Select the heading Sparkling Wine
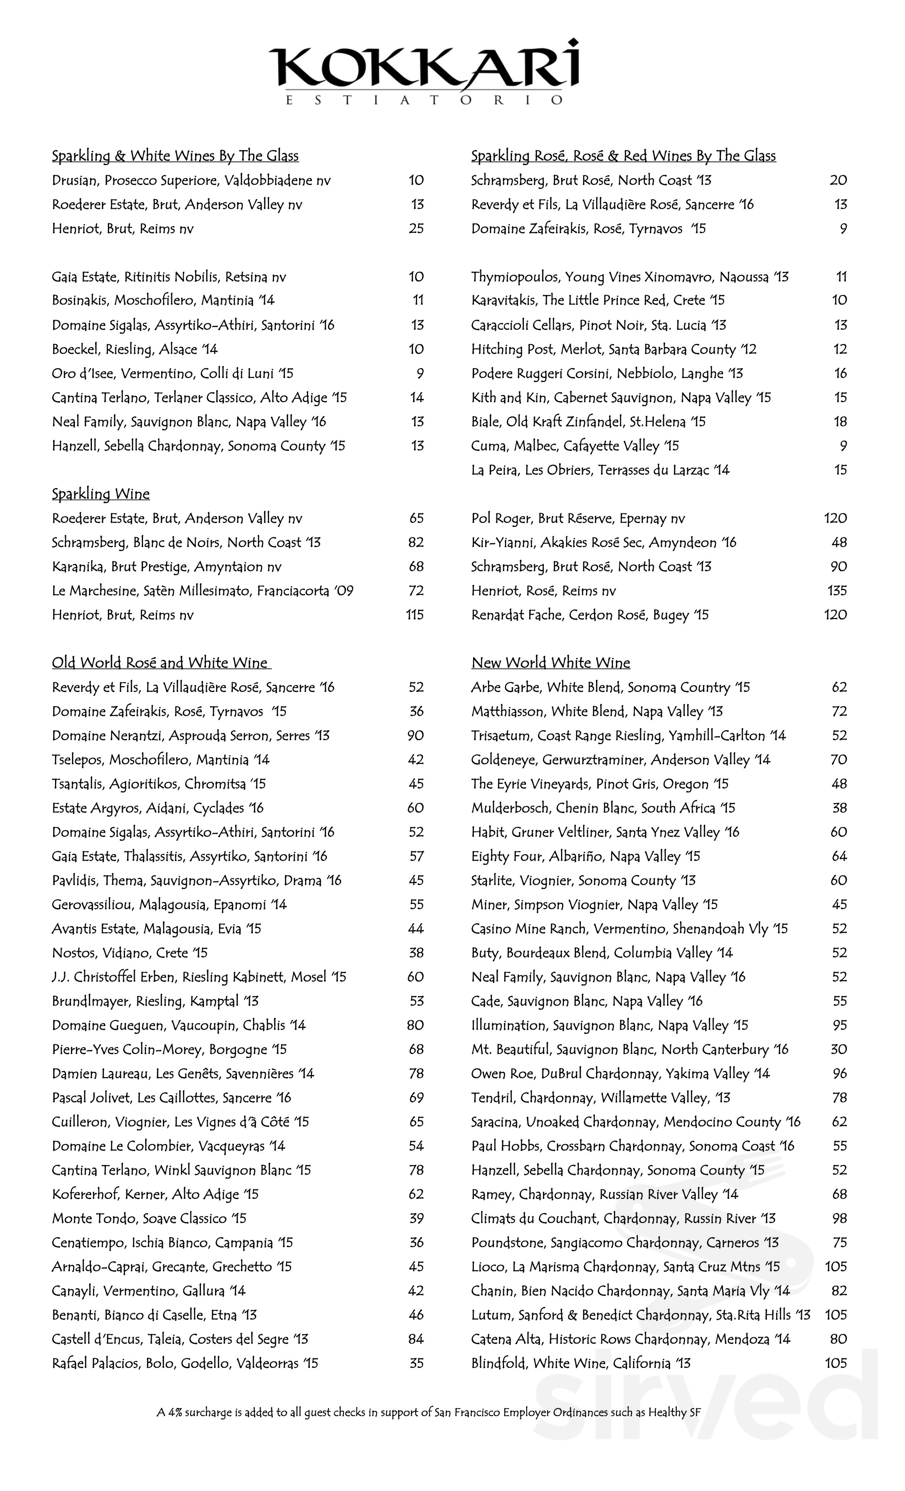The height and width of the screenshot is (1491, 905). (x=100, y=494)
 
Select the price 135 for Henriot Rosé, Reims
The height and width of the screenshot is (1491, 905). (x=836, y=591)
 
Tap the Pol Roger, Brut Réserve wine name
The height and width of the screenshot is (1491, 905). (x=578, y=518)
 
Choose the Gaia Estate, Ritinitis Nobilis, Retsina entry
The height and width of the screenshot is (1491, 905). (x=169, y=277)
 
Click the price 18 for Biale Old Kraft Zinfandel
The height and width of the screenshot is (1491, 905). (x=840, y=422)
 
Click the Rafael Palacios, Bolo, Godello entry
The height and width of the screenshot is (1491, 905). (x=185, y=1363)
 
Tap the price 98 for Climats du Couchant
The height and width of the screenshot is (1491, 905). (x=838, y=1218)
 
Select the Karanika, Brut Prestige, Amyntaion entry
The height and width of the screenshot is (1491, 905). (x=167, y=567)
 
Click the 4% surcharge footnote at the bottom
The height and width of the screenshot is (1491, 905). (x=428, y=1412)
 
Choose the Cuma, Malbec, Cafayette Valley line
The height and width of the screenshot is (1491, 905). (x=575, y=446)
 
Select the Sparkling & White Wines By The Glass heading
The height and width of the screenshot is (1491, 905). (x=175, y=156)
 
